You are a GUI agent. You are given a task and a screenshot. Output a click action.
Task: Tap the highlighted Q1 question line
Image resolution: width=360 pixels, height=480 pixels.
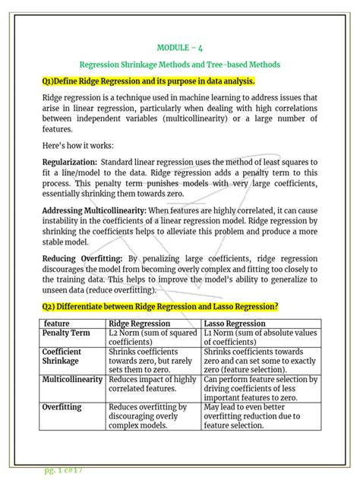(x=149, y=81)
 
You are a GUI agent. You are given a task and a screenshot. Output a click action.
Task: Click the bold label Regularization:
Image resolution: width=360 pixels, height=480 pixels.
(x=69, y=163)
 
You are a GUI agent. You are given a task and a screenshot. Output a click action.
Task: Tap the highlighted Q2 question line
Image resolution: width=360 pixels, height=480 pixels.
(x=160, y=306)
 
